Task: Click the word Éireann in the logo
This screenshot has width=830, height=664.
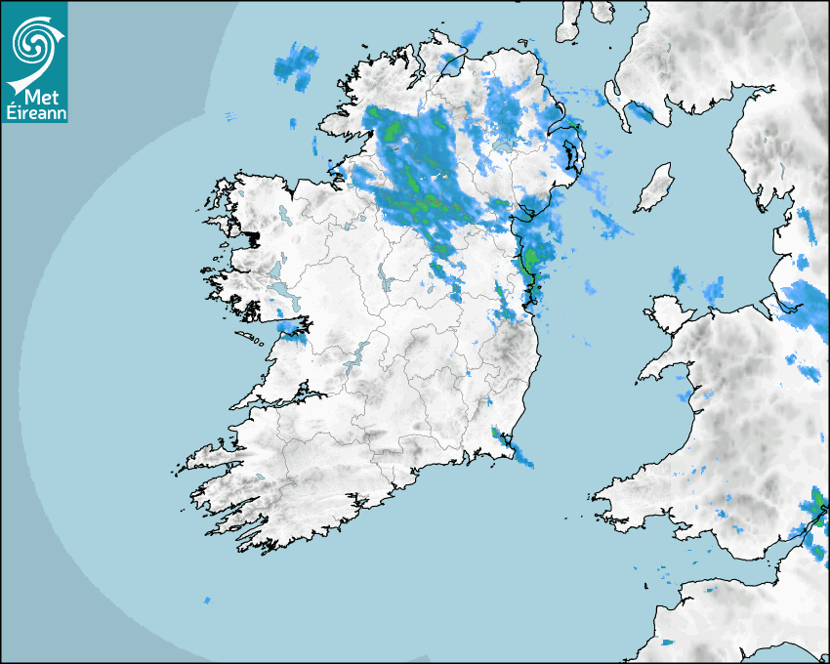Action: click(35, 114)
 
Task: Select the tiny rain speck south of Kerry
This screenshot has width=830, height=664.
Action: click(206, 600)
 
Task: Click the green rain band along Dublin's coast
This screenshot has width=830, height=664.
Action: click(531, 269)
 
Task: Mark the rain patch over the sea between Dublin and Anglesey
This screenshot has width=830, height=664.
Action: click(590, 287)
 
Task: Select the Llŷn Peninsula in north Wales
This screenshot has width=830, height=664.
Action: click(664, 371)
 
